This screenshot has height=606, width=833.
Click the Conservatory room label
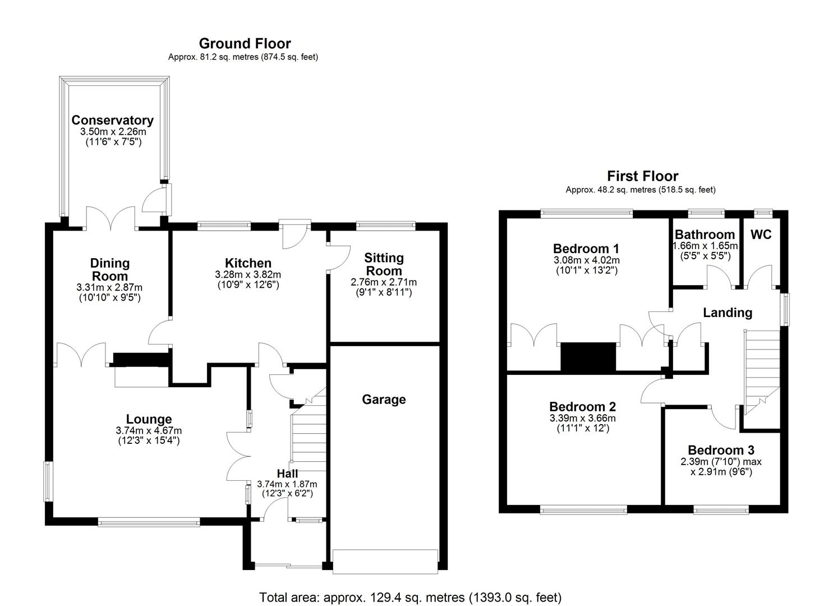click(x=112, y=120)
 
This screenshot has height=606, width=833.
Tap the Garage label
click(x=384, y=400)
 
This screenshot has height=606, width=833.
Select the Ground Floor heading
click(x=245, y=43)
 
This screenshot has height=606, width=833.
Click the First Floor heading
click(x=642, y=176)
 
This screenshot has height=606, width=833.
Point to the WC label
click(x=761, y=235)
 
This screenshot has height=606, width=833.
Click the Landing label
click(x=727, y=313)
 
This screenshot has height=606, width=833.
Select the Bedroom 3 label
click(x=721, y=450)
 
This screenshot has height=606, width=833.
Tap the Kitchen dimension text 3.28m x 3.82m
click(x=248, y=274)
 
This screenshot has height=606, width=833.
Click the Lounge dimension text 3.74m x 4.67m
click(x=149, y=430)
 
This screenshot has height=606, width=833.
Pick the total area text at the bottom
click(x=410, y=597)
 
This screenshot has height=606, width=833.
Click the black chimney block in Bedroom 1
click(x=588, y=357)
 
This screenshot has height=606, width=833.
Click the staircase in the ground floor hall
click(x=309, y=438)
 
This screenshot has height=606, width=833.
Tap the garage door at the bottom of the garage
click(x=385, y=561)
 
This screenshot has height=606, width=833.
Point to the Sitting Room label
click(x=384, y=264)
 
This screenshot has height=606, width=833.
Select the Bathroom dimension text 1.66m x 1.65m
click(x=705, y=246)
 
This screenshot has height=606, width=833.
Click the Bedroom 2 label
click(x=582, y=407)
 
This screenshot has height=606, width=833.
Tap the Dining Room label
click(x=110, y=269)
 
